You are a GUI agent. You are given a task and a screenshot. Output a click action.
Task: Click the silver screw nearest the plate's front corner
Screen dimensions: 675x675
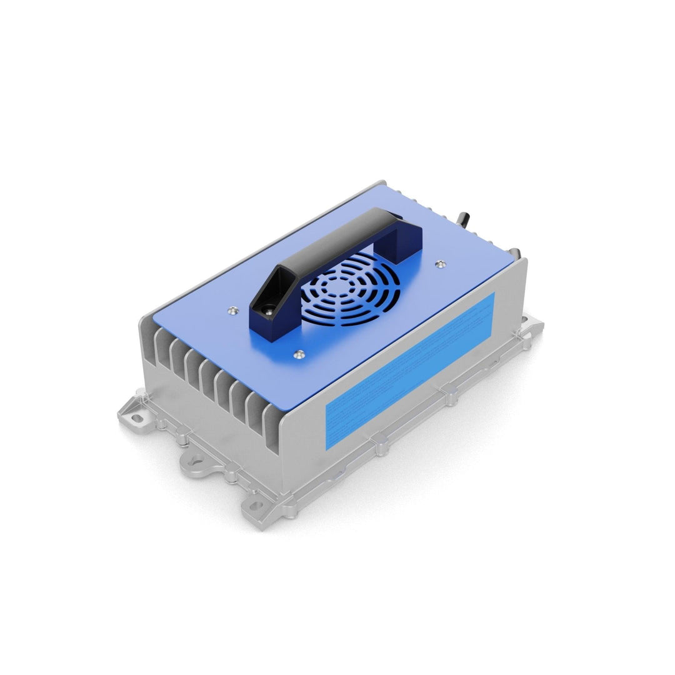click(x=299, y=354)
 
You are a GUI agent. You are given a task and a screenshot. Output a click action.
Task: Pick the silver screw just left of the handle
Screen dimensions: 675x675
click(x=233, y=308)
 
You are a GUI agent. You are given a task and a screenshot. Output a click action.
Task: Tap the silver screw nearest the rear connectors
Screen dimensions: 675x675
click(x=441, y=264)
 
